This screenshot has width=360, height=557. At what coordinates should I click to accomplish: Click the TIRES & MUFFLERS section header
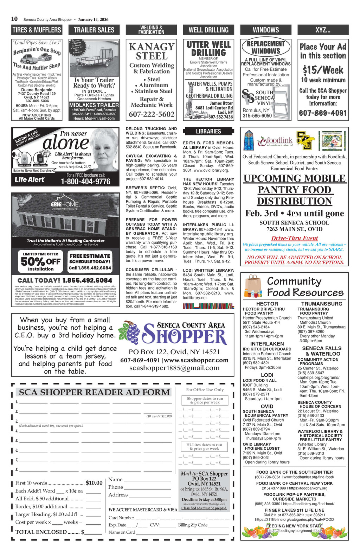tap(37, 30)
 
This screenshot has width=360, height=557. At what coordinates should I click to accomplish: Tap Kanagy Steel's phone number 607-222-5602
tap(152, 114)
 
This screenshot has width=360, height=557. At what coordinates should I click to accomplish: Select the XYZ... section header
tap(323, 30)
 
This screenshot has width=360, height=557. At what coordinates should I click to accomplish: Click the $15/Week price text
tap(323, 70)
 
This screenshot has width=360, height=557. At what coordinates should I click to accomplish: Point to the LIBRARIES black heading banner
tap(208, 131)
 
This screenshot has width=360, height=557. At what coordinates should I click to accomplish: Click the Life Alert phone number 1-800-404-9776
tap(85, 181)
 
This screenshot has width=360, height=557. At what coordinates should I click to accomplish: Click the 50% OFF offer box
tap(40, 262)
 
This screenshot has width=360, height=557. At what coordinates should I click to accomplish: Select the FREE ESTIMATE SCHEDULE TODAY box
tap(90, 262)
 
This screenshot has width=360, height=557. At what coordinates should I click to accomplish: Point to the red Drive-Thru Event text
tap(294, 238)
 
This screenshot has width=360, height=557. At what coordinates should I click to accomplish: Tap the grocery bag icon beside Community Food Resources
tap(253, 287)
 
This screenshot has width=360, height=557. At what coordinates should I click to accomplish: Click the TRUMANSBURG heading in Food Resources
tap(321, 304)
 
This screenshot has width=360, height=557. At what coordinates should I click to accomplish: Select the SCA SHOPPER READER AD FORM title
tap(94, 392)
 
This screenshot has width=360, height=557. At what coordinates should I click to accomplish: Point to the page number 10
tap(14, 19)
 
